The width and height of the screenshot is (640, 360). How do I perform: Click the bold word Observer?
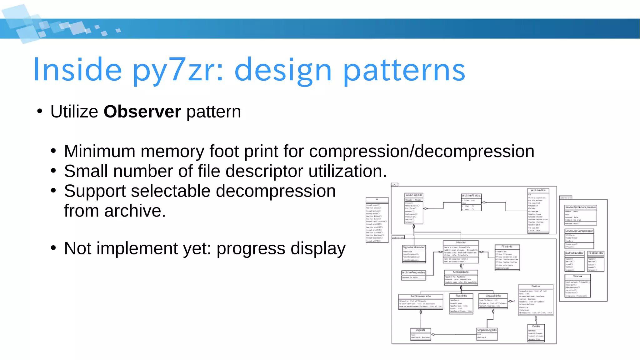[142, 112]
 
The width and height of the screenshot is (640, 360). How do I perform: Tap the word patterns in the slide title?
[404, 70]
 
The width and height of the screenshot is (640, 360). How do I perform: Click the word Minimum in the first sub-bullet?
[99, 152]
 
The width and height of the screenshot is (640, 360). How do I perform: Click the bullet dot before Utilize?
[39, 112]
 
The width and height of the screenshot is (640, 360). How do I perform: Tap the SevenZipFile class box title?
[414, 195]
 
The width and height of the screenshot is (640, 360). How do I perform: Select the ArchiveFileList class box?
[471, 202]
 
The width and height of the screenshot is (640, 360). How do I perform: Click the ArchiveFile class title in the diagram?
[538, 190]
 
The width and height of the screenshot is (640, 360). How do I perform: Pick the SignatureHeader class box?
[414, 254]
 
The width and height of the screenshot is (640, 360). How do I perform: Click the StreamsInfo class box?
[461, 277]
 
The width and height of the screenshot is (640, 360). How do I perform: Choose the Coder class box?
[536, 333]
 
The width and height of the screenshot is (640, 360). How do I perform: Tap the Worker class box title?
[577, 276]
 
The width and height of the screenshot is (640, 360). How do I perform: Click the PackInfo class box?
[461, 303]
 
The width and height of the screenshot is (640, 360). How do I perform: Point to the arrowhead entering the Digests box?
[433, 334]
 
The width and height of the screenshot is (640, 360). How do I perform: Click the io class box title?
[377, 199]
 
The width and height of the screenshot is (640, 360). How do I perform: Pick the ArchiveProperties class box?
[413, 275]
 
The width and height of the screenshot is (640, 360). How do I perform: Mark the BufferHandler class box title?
[574, 253]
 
